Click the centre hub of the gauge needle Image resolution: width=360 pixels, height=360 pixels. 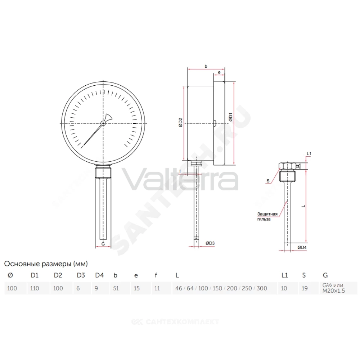(103, 123)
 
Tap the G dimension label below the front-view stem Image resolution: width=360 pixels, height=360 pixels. (103, 244)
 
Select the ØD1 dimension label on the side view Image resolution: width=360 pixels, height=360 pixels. (230, 117)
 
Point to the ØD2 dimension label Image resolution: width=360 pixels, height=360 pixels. (180, 122)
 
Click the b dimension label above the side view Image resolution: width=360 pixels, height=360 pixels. (206, 66)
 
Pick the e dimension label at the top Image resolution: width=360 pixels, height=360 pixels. (219, 72)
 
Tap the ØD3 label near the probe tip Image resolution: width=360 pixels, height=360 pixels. (210, 243)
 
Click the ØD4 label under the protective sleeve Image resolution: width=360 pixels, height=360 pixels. (302, 248)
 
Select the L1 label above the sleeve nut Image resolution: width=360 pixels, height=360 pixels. (309, 154)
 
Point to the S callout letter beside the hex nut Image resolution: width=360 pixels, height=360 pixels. (268, 181)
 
